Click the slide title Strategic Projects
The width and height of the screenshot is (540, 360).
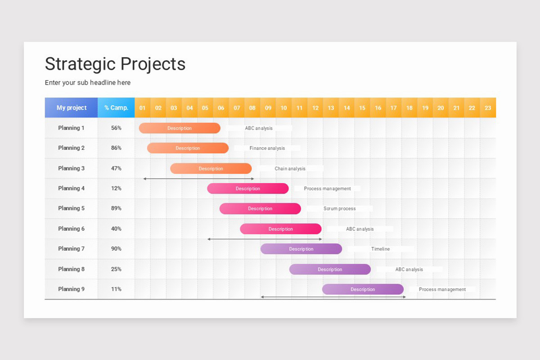(x=115, y=64)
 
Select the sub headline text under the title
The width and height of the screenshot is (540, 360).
(x=88, y=83)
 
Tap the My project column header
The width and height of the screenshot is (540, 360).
(x=72, y=108)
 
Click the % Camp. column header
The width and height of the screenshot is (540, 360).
(x=116, y=108)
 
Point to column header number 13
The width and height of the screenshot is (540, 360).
(x=331, y=108)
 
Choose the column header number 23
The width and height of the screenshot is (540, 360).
(x=488, y=108)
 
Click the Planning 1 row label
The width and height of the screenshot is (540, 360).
(x=71, y=128)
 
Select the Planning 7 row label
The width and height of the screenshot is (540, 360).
(x=71, y=249)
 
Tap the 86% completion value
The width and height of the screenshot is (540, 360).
(x=116, y=148)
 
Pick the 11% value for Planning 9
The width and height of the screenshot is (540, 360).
(x=116, y=289)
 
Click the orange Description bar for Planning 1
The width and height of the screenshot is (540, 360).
(x=180, y=128)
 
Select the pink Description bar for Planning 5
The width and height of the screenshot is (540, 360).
(x=260, y=209)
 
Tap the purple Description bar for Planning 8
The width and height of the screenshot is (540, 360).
(x=330, y=270)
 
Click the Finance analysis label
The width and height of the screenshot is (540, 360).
(x=267, y=148)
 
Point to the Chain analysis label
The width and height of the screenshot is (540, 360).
(x=290, y=169)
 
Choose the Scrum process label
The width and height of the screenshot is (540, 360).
(x=339, y=209)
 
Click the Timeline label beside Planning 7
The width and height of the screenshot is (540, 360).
(x=380, y=249)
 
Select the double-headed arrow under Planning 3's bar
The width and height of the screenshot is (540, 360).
(x=198, y=179)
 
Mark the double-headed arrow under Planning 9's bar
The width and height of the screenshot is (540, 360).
(x=333, y=297)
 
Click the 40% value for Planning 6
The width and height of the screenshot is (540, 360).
(x=116, y=229)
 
